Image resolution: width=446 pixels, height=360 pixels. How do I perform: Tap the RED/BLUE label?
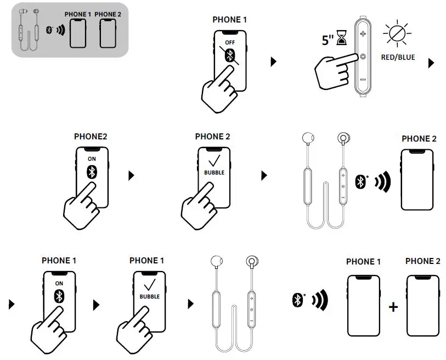click(398, 57)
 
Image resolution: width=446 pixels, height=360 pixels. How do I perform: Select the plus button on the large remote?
click(363, 34)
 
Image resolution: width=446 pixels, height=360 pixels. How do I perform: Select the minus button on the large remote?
click(363, 80)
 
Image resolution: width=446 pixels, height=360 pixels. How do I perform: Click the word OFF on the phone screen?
click(229, 42)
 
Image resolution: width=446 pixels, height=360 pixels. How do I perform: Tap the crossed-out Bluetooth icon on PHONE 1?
click(230, 55)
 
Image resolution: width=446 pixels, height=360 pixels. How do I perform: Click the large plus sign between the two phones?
click(393, 307)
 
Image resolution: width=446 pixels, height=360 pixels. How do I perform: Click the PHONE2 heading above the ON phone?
click(91, 136)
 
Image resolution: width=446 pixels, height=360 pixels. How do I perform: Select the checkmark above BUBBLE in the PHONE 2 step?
click(214, 160)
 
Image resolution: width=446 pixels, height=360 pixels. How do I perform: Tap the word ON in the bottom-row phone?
click(59, 284)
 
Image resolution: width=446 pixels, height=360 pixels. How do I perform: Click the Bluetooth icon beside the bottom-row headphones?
click(298, 300)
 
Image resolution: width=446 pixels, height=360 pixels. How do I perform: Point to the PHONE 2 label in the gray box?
click(108, 14)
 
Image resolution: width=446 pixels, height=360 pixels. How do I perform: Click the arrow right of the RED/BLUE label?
click(431, 63)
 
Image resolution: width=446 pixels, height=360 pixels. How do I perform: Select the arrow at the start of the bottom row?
click(12, 303)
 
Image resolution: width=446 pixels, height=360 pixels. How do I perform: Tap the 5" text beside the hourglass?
click(328, 40)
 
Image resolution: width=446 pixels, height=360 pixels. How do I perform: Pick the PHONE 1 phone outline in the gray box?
click(78, 33)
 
